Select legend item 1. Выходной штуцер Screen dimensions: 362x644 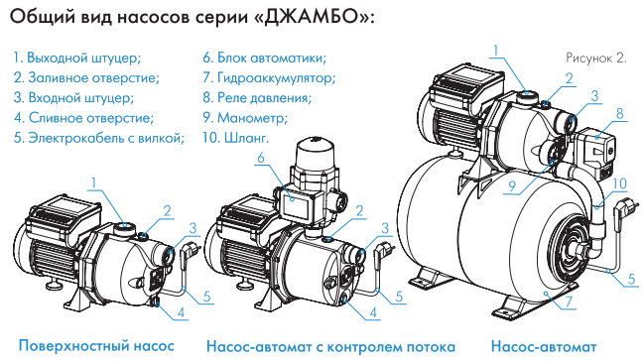pos(77,58)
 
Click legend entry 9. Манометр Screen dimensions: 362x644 pos(244,117)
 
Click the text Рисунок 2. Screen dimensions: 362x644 pos(596,59)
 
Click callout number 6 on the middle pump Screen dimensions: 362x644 pos(260,159)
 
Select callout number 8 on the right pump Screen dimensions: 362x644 pos(619,114)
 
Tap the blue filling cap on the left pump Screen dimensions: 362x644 pos(142,235)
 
